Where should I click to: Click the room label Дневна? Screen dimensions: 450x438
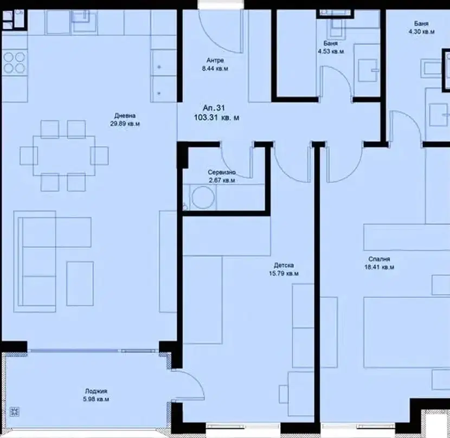125,115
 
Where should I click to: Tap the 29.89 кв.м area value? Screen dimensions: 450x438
125,124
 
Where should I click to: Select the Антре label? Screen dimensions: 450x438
215,60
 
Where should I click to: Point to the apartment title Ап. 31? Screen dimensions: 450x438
214,108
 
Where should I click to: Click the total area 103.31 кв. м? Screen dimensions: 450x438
216,118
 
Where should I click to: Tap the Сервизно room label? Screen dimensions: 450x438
222,172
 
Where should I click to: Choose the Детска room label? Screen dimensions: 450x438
284,265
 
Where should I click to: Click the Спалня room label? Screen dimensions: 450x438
379,259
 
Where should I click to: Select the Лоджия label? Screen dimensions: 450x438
96,391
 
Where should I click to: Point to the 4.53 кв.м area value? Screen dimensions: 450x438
331,51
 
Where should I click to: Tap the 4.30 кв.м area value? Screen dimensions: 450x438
421,31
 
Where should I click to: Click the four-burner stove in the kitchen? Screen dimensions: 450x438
14,62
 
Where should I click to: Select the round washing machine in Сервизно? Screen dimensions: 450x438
203,197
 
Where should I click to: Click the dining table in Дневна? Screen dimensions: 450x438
64,156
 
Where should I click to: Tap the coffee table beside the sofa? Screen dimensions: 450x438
80,284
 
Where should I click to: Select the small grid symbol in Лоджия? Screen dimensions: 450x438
14,411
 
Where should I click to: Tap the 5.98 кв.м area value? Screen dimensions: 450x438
96,399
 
